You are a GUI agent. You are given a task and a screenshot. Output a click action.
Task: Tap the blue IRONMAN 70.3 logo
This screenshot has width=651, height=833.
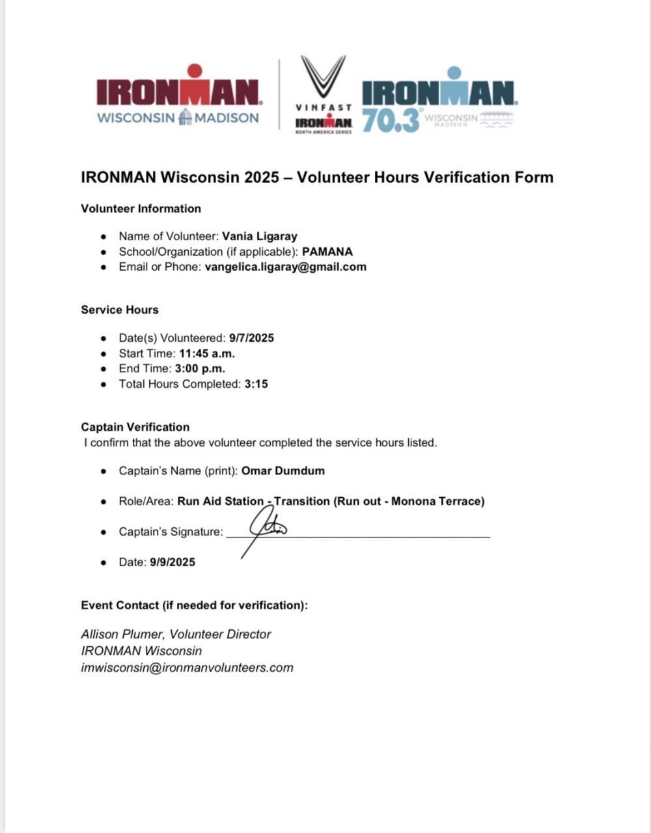coord(438,101)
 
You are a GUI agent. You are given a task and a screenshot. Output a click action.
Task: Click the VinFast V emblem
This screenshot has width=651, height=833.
coord(323,76)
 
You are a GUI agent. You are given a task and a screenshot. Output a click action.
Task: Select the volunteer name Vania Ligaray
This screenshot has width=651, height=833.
coord(259,236)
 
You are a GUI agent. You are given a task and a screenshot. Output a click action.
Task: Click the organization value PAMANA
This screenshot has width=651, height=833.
coord(327,251)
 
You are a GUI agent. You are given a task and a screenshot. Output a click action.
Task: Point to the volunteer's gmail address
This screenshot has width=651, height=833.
coord(285,266)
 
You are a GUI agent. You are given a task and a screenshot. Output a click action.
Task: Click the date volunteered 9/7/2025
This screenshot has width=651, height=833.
coord(251,338)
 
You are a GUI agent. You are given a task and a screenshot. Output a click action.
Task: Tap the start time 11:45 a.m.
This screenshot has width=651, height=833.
coord(207,353)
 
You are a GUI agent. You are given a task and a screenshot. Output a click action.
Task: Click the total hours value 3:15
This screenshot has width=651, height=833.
coord(256,384)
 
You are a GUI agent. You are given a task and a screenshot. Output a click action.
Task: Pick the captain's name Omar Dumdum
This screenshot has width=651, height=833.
coord(283,471)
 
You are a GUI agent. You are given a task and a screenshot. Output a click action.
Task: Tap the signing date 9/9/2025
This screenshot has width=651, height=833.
coord(172,562)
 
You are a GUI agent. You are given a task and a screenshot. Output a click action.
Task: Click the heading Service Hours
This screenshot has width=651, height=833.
coord(120,310)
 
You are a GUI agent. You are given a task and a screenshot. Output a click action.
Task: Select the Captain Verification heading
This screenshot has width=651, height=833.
coord(135,427)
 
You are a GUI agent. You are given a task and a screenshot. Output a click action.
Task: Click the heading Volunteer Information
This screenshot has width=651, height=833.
coord(141,208)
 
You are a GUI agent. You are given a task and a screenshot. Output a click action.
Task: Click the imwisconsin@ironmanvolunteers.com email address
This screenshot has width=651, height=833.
coord(187,667)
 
